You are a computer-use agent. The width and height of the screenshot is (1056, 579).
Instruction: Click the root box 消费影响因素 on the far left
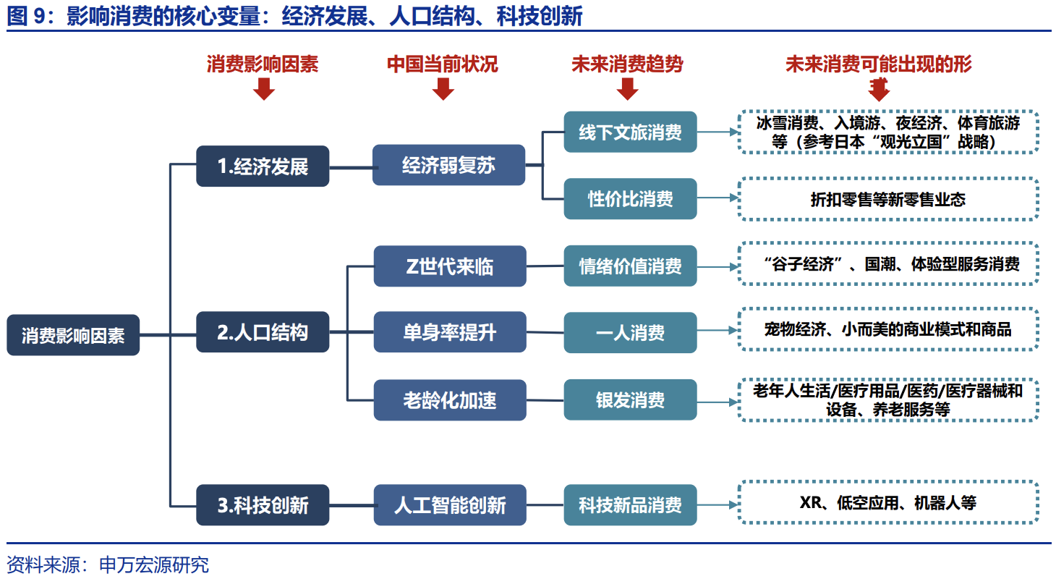tap(73, 335)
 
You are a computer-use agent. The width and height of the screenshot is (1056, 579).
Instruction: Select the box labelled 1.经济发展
tap(263, 166)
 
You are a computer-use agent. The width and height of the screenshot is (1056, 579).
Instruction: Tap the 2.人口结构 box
tap(263, 332)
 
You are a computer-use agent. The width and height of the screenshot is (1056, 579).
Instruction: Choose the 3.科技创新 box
tap(263, 504)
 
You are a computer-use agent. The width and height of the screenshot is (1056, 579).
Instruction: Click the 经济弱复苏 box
tap(448, 165)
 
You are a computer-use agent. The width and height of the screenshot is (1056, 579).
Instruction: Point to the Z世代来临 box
tap(449, 266)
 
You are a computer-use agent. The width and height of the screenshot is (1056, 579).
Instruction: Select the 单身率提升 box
tap(449, 332)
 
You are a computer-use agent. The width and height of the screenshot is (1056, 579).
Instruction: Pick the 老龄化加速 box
tap(449, 400)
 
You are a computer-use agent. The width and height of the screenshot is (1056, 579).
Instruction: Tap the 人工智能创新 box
tap(449, 504)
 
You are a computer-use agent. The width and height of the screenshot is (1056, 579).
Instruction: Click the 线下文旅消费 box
tap(630, 132)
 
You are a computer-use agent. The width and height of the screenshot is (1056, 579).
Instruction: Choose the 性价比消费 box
tap(630, 198)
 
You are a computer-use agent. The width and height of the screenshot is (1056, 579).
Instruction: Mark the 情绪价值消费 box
tap(630, 266)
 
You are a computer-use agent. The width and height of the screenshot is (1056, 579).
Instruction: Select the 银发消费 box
tap(630, 400)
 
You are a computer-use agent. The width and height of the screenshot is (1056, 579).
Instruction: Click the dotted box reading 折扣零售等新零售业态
tap(887, 199)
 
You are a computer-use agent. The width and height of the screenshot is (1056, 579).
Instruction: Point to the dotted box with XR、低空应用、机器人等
tap(887, 502)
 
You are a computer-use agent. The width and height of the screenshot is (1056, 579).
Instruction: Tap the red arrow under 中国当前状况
tap(443, 88)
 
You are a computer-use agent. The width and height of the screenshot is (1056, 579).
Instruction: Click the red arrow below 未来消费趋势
tap(628, 88)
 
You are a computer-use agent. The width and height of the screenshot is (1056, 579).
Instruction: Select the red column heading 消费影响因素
tap(263, 64)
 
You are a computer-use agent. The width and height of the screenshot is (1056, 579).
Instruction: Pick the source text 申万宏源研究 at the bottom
tap(153, 565)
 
